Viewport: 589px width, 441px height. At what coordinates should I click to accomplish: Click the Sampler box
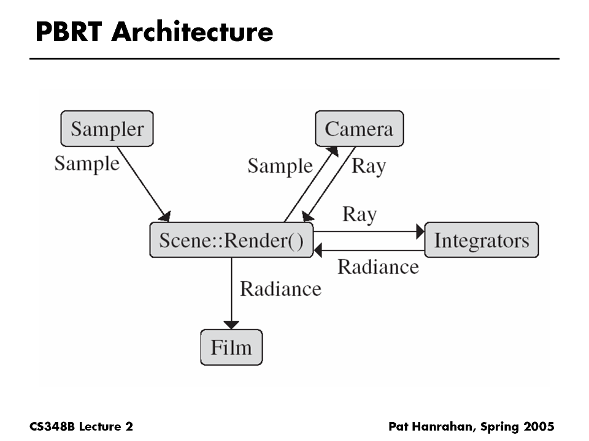pos(107,129)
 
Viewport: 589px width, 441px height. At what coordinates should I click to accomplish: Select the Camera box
pos(359,129)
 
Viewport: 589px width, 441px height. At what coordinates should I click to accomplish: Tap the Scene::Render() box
pos(231,239)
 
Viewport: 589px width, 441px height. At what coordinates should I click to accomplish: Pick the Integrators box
pos(481,239)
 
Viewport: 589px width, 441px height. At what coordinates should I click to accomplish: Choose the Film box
pos(231,347)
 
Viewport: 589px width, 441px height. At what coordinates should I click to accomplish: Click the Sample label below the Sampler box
pos(87,164)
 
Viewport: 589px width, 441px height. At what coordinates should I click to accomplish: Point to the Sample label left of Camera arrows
pos(280,166)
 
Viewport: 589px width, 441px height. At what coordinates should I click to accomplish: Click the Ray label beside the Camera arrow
pos(368,166)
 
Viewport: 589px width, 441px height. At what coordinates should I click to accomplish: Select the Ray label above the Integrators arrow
pos(360,214)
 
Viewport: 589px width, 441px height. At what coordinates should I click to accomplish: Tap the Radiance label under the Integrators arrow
pos(378,267)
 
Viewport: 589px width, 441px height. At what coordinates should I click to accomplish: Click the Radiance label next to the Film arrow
pos(280,288)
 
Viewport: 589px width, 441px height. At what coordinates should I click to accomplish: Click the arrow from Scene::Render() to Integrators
pos(368,232)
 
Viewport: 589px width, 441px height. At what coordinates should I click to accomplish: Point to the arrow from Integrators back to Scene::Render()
pos(368,249)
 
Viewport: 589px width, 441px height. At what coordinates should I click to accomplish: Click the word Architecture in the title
pos(192,32)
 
